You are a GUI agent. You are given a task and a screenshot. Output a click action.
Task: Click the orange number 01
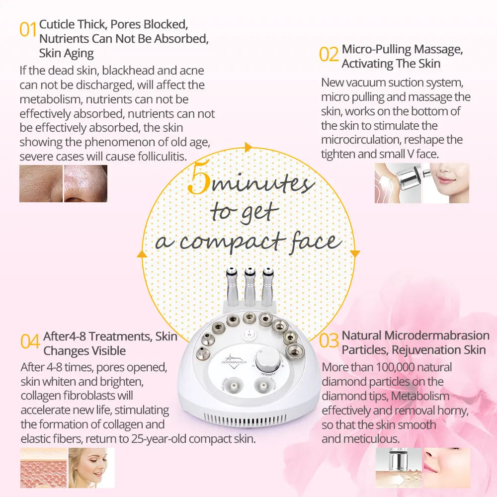(x=28, y=30)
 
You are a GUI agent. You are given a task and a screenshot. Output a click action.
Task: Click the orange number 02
(x=329, y=55)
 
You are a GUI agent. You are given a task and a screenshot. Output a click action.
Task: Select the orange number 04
(x=30, y=341)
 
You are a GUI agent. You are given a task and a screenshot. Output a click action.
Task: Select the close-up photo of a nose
(x=85, y=183)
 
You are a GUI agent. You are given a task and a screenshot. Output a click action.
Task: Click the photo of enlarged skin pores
(x=41, y=183)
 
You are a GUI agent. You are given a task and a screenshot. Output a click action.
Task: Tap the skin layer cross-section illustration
(x=43, y=467)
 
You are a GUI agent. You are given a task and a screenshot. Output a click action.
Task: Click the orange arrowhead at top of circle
(x=248, y=147)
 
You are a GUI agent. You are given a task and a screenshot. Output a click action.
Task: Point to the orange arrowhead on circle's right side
(x=354, y=253)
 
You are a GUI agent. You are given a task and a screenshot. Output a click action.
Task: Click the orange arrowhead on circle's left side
(x=142, y=254)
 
